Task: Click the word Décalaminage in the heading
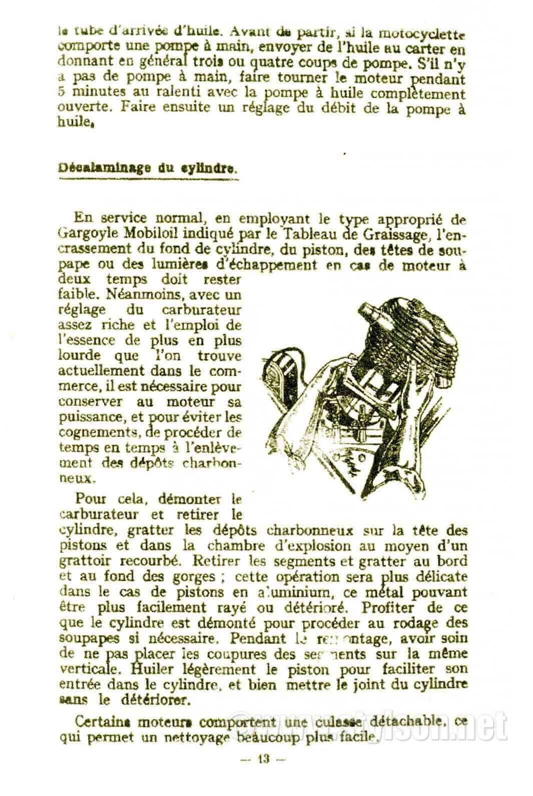pyautogui.click(x=102, y=169)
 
